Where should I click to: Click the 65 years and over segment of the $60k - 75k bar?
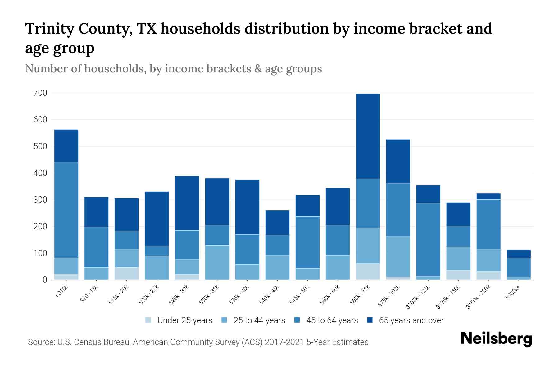tap(368, 136)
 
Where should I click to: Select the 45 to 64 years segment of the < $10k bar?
tap(66, 210)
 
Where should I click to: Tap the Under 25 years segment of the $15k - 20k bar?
tap(126, 274)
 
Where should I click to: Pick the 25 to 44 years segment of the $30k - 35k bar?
tap(217, 262)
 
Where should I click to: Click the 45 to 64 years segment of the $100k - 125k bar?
tap(428, 239)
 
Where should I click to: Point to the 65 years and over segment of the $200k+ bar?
tap(519, 254)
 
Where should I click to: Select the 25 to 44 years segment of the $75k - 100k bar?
tap(398, 256)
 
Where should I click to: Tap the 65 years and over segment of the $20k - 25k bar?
tap(157, 219)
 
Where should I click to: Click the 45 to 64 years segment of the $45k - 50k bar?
tap(307, 242)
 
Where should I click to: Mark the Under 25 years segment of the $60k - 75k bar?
tap(368, 271)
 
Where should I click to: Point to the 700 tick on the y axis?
tap(40, 93)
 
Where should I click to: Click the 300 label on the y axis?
tap(40, 200)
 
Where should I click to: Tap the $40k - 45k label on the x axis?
tap(270, 295)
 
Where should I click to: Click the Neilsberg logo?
tap(497, 339)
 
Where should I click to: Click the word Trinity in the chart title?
tap(49, 29)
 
